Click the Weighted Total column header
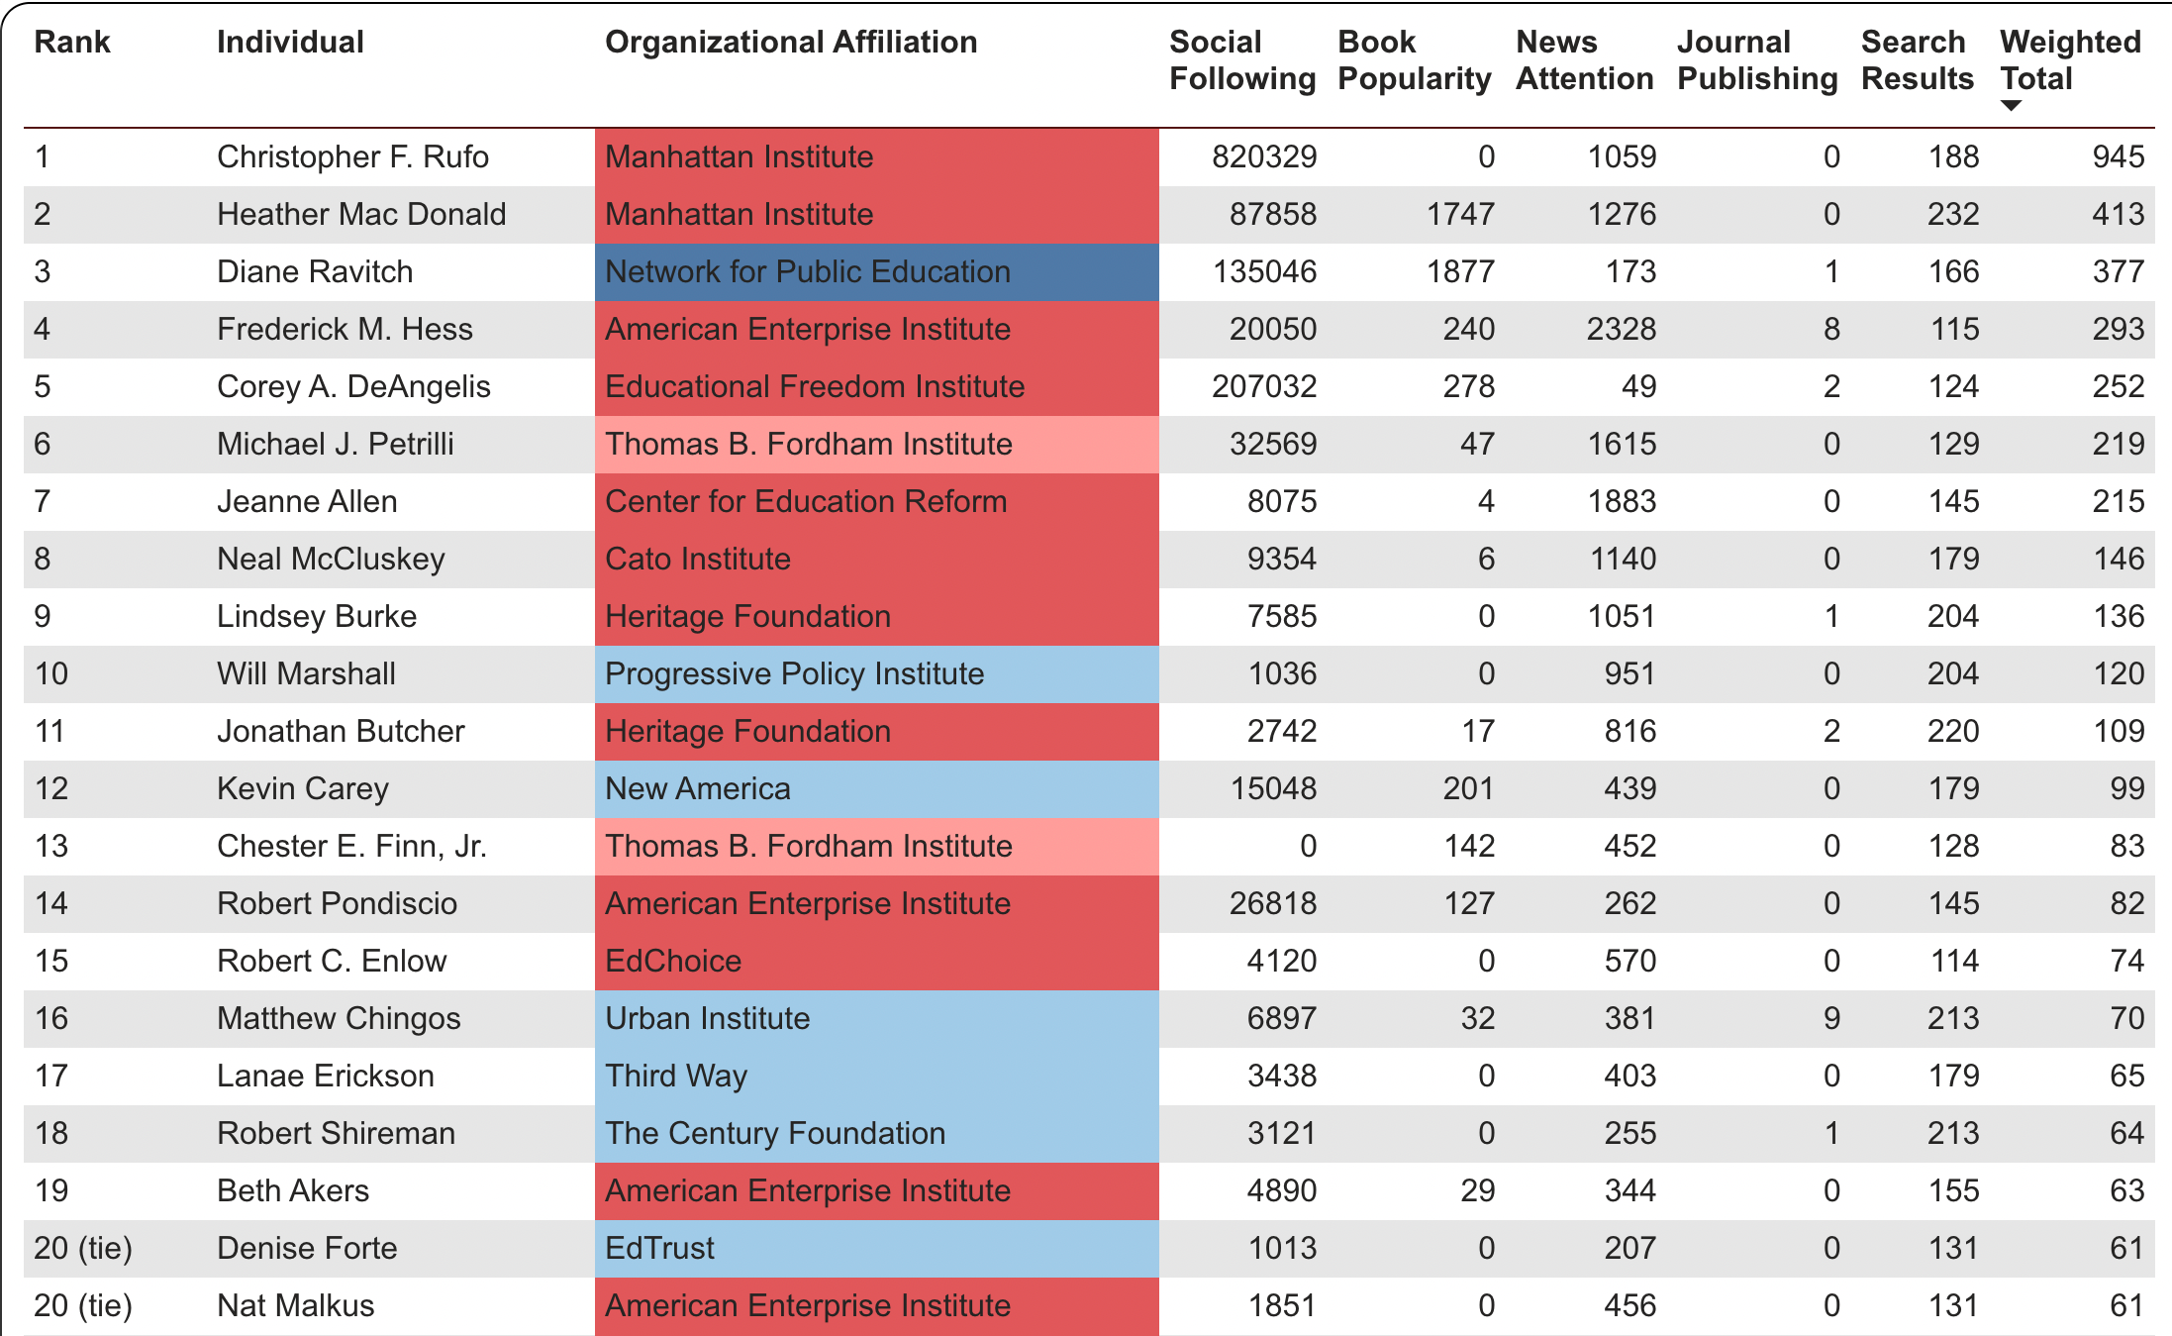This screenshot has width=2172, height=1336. coord(2069,59)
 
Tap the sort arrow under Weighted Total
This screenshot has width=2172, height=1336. coord(2011,106)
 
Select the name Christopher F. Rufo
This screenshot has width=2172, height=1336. coord(352,156)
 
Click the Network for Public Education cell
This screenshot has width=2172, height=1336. coord(807,271)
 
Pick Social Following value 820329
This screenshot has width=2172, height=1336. coord(1264,156)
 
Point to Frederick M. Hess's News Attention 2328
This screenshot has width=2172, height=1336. coord(1621,329)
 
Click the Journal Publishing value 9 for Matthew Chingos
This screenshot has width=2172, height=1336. coord(1831,1018)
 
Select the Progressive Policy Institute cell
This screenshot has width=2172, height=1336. coord(794,673)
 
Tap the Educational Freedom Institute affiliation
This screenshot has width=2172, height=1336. coord(814,386)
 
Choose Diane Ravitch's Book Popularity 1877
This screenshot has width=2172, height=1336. coord(1460,271)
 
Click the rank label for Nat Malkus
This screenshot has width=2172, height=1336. coord(83,1305)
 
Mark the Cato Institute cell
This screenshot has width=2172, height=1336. coord(698,559)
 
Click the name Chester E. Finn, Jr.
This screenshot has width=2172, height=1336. coord(351,846)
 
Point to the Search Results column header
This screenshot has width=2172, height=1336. coord(1917,59)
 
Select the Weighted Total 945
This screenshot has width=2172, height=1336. coord(2118,156)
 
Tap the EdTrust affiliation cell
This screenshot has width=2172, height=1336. coord(659,1248)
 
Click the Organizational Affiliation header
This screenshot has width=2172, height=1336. coord(790,42)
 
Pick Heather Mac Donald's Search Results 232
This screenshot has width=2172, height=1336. coord(1952,214)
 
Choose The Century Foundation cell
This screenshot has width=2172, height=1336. coord(774,1133)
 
